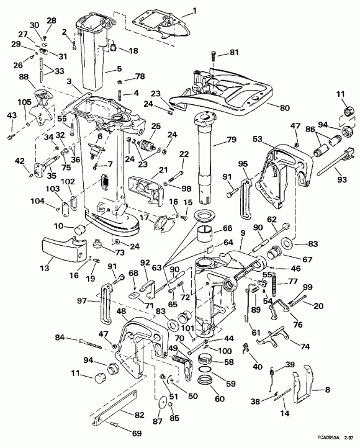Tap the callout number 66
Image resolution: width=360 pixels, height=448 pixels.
pos(227,229)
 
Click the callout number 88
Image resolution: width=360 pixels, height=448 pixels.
pos(41,77)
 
